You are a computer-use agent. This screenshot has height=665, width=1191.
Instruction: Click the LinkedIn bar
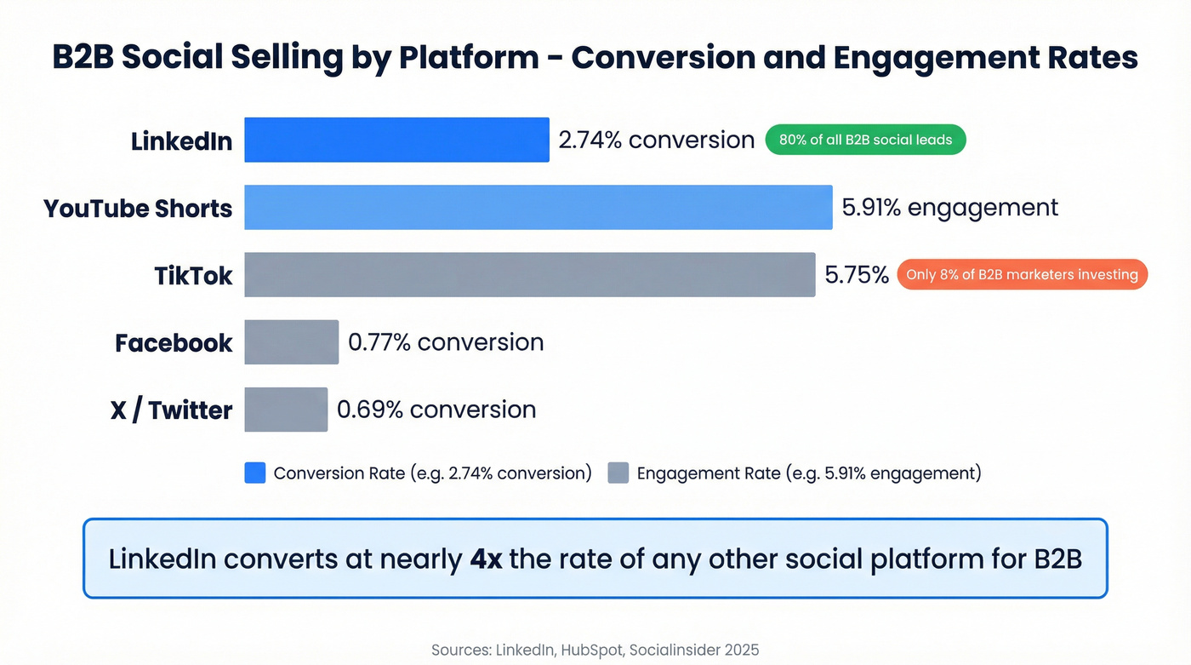(x=396, y=140)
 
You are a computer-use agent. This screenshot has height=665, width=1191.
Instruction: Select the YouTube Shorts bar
(x=538, y=207)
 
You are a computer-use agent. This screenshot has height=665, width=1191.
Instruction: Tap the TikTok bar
(x=529, y=274)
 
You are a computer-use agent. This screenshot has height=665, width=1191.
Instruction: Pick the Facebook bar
(x=291, y=342)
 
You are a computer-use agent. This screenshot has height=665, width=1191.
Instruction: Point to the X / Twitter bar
(x=286, y=410)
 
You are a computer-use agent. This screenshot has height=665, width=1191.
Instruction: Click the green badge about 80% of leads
(x=865, y=140)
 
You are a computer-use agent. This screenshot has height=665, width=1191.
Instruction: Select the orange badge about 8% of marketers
(x=1022, y=274)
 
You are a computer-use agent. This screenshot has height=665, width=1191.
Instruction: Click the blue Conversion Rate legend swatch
(x=255, y=473)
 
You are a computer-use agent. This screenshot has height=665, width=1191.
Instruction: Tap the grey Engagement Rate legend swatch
(x=618, y=473)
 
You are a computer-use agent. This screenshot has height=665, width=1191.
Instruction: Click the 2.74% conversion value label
(x=656, y=140)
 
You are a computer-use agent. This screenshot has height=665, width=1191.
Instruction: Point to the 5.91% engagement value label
(x=949, y=207)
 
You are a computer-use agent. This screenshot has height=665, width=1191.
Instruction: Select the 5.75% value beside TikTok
(x=857, y=274)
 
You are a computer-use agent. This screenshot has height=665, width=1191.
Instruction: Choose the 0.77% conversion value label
(x=446, y=342)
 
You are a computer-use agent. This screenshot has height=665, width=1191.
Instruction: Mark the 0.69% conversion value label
(x=436, y=410)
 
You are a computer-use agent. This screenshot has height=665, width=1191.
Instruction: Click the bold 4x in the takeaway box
(x=486, y=559)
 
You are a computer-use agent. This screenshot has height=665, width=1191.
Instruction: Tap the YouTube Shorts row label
(x=138, y=209)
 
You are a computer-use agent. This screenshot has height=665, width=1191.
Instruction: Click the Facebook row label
(x=174, y=343)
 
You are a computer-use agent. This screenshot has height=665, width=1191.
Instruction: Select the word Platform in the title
(x=469, y=58)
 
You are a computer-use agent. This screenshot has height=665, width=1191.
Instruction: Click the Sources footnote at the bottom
(x=595, y=650)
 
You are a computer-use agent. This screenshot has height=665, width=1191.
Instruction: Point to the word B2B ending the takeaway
(x=1057, y=559)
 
